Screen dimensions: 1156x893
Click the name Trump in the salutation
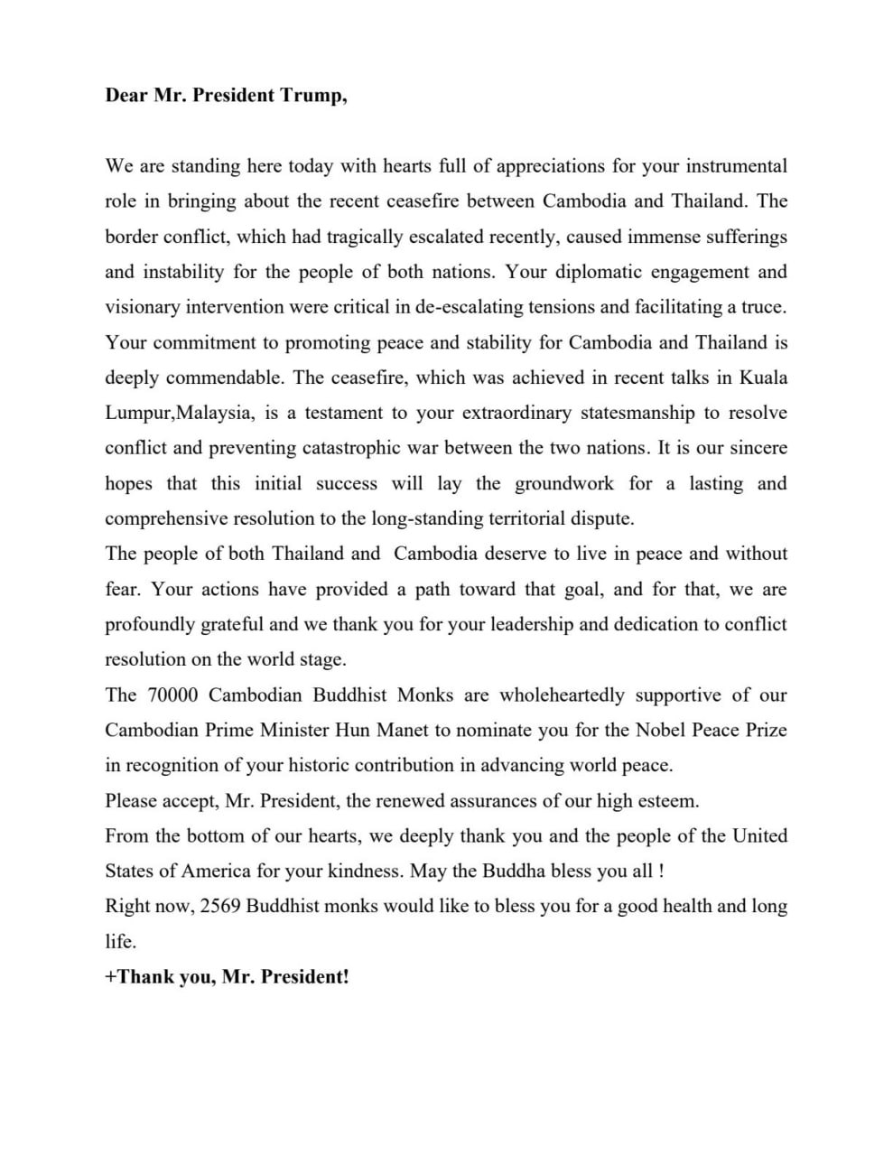click(x=312, y=96)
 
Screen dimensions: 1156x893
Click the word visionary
click(x=143, y=307)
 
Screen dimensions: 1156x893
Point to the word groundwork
click(x=563, y=483)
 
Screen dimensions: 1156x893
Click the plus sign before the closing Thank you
click(x=111, y=977)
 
